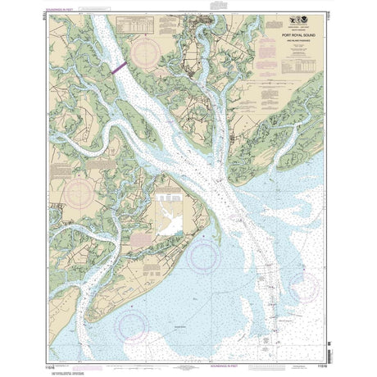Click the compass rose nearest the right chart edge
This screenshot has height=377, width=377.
tap(302, 288)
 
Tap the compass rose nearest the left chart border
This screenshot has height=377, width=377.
tap(79, 193)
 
